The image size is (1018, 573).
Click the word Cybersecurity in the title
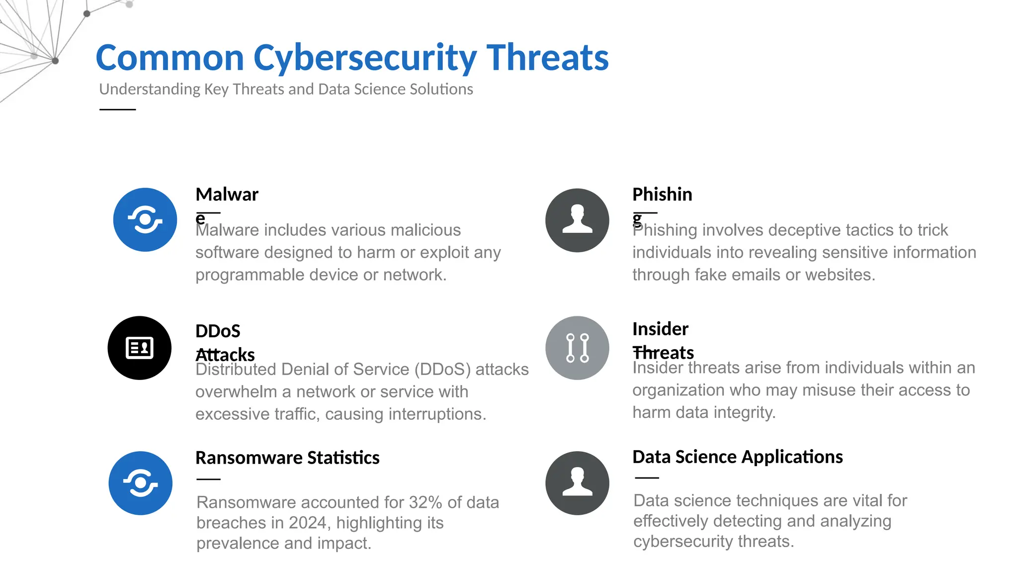pyautogui.click(x=365, y=58)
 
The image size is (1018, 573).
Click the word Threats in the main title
pyautogui.click(x=547, y=58)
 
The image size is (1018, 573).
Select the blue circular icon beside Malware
pyautogui.click(x=145, y=219)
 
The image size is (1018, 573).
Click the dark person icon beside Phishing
pyautogui.click(x=577, y=220)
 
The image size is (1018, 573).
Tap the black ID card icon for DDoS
pyautogui.click(x=140, y=348)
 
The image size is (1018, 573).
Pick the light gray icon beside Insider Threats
pyautogui.click(x=577, y=348)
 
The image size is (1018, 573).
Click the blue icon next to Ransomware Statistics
pyautogui.click(x=141, y=483)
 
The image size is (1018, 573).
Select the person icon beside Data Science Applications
pyautogui.click(x=577, y=483)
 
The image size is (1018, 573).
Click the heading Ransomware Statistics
pyautogui.click(x=287, y=458)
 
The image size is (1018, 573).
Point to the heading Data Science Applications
pyautogui.click(x=737, y=457)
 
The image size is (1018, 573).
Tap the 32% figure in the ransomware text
pyautogui.click(x=425, y=502)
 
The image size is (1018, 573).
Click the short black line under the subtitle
pyautogui.click(x=117, y=109)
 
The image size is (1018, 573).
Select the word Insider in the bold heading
pyautogui.click(x=660, y=329)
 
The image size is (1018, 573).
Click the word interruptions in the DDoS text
pyautogui.click(x=437, y=414)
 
